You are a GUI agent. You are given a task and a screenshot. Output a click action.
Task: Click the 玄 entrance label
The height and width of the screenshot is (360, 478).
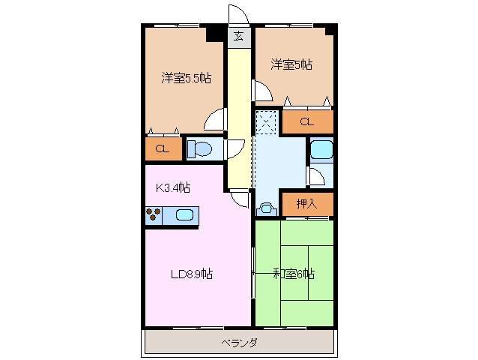point(238,36)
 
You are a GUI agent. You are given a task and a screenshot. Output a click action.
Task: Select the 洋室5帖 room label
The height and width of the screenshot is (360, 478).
point(291,65)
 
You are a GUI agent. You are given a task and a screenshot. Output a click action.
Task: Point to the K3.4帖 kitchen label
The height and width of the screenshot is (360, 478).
point(172,187)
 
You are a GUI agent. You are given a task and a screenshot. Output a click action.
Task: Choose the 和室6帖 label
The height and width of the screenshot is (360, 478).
point(293,274)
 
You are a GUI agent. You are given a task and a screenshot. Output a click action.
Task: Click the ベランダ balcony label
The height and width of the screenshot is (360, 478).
point(240,343)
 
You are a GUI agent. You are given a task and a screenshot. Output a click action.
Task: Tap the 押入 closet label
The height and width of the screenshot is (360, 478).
point(306,202)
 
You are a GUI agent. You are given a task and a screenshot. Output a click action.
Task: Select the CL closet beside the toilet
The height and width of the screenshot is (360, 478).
point(162,148)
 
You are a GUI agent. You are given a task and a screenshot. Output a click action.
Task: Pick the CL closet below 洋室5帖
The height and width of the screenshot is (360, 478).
point(307,121)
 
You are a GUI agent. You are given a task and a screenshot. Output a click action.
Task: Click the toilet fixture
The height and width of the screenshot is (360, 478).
point(202,149)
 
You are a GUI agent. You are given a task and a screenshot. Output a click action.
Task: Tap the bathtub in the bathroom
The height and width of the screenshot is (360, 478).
point(321,149)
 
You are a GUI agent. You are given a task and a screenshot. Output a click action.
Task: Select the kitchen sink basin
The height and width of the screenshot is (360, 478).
point(185,216)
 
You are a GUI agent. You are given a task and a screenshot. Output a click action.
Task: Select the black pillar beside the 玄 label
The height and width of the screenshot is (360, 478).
point(216,33)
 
